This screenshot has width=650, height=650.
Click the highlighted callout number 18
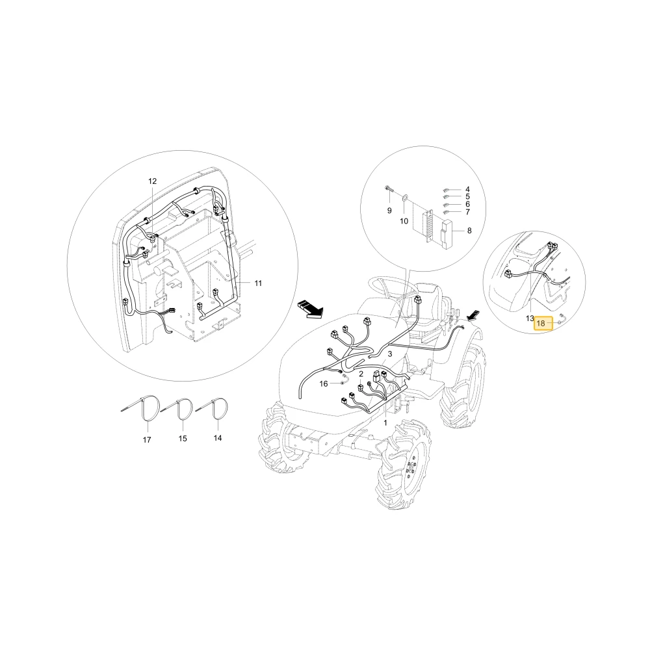(x=541, y=323)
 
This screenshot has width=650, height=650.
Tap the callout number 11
(x=258, y=283)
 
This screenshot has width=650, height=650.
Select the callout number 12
(x=153, y=181)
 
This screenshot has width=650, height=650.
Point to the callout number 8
(x=469, y=231)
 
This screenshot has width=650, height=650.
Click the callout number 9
(x=389, y=211)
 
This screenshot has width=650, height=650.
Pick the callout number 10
(x=404, y=221)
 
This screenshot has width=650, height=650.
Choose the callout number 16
(x=324, y=384)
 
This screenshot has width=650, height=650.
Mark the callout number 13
(x=530, y=318)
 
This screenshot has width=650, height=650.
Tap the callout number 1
(x=385, y=423)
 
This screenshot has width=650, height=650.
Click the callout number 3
(x=390, y=354)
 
